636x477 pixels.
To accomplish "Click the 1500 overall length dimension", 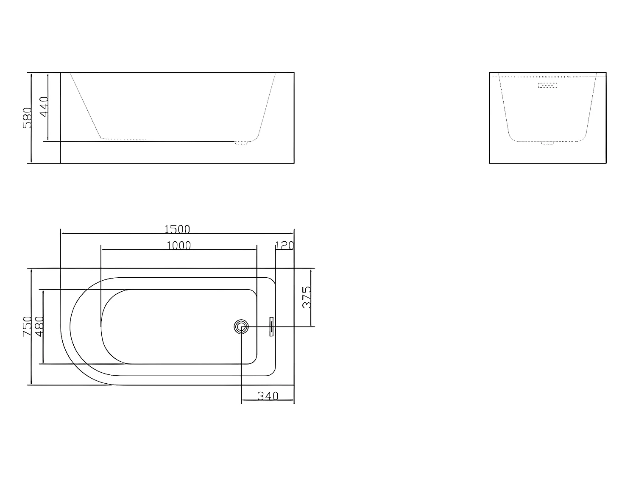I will click(177, 229).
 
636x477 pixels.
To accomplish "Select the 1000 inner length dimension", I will click(179, 245).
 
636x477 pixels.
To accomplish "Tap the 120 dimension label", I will click(285, 245).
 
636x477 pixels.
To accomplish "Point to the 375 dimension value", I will click(307, 297).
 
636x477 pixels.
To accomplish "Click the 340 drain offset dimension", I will click(268, 396).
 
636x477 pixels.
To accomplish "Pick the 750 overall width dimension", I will click(27, 326).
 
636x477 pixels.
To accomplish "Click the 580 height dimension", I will click(27, 117).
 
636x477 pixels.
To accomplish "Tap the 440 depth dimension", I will click(44, 106).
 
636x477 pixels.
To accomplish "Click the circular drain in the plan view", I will click(241, 326).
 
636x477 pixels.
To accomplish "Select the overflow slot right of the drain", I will click(271, 326).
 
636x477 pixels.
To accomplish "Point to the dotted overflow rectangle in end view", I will click(547, 85).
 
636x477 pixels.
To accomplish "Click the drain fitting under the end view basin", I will click(547, 143).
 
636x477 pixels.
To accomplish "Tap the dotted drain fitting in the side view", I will click(241, 143).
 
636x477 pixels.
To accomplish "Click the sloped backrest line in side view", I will click(86, 106).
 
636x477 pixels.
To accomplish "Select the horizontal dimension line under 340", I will click(268, 400).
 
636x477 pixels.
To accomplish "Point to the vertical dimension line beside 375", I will click(311, 297).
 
